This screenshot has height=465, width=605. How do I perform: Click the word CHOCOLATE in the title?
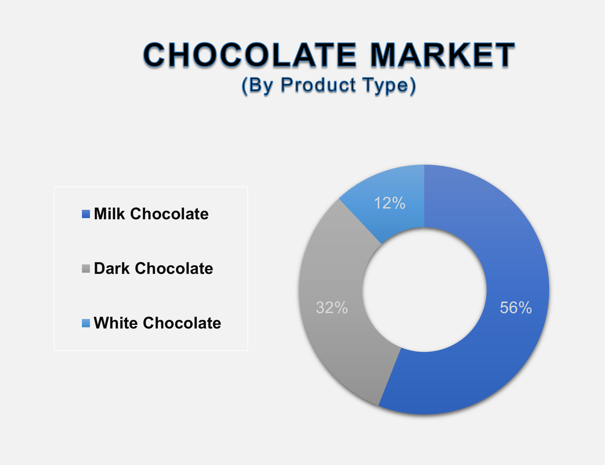coord(249,55)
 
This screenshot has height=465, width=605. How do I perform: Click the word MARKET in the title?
coord(443,55)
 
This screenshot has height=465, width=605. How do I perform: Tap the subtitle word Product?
coord(318,85)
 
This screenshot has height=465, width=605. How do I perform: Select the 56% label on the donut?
coord(516,307)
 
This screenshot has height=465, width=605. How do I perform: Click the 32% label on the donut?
coord(332,307)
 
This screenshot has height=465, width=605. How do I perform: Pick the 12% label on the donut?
coord(389,203)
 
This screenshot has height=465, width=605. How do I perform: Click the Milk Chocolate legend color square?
coord(86,214)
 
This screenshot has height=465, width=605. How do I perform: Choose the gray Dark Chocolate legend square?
coord(86,269)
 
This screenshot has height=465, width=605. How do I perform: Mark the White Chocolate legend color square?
coord(86,323)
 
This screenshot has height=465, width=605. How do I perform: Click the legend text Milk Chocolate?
coord(151,214)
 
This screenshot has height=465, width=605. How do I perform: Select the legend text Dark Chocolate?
coord(153,269)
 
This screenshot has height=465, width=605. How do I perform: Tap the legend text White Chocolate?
coord(157,323)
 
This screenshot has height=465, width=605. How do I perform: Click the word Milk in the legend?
coord(109,214)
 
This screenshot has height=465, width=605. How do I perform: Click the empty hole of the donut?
coord(424,290)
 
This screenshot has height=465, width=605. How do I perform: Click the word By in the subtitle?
coord(258,85)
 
